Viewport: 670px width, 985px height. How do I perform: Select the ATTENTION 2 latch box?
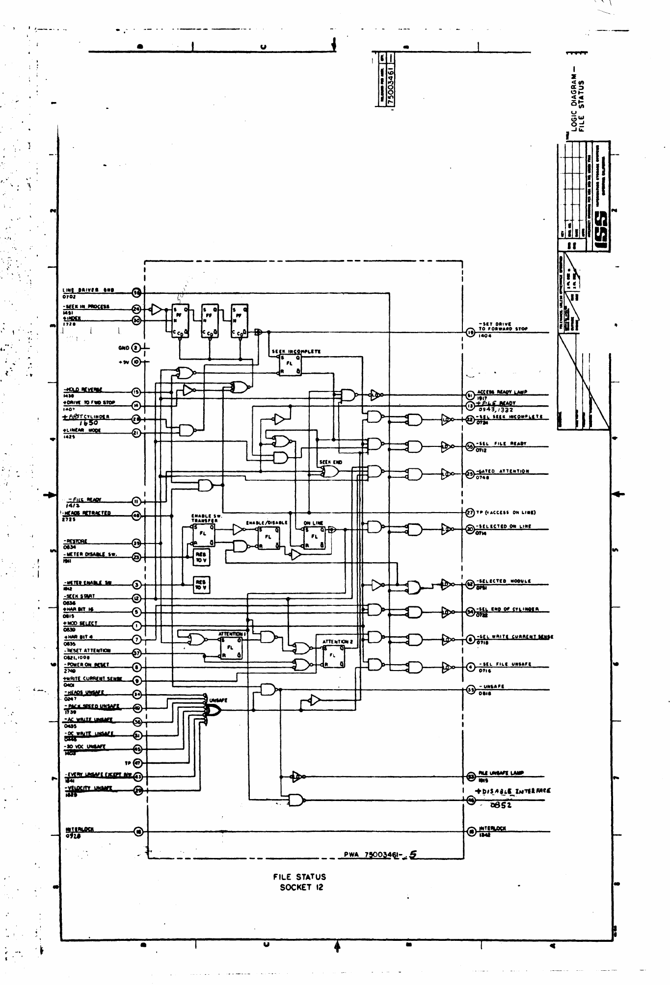coord(333,655)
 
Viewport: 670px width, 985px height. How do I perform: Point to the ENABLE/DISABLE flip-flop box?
coord(268,537)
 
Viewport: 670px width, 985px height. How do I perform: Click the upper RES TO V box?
coord(201,557)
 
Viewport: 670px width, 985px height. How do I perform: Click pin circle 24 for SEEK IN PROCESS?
coord(137,309)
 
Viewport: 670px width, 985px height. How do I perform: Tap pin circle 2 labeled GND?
coord(137,348)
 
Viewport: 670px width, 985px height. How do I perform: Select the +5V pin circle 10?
coord(137,362)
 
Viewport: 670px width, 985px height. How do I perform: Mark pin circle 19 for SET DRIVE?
coord(470,332)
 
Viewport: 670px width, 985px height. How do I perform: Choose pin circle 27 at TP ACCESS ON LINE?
coord(470,513)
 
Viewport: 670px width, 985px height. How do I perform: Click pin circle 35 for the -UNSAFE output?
coord(470,689)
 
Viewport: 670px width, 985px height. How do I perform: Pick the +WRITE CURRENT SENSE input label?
coord(93,679)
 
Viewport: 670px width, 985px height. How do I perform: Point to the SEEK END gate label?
coord(330,462)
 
